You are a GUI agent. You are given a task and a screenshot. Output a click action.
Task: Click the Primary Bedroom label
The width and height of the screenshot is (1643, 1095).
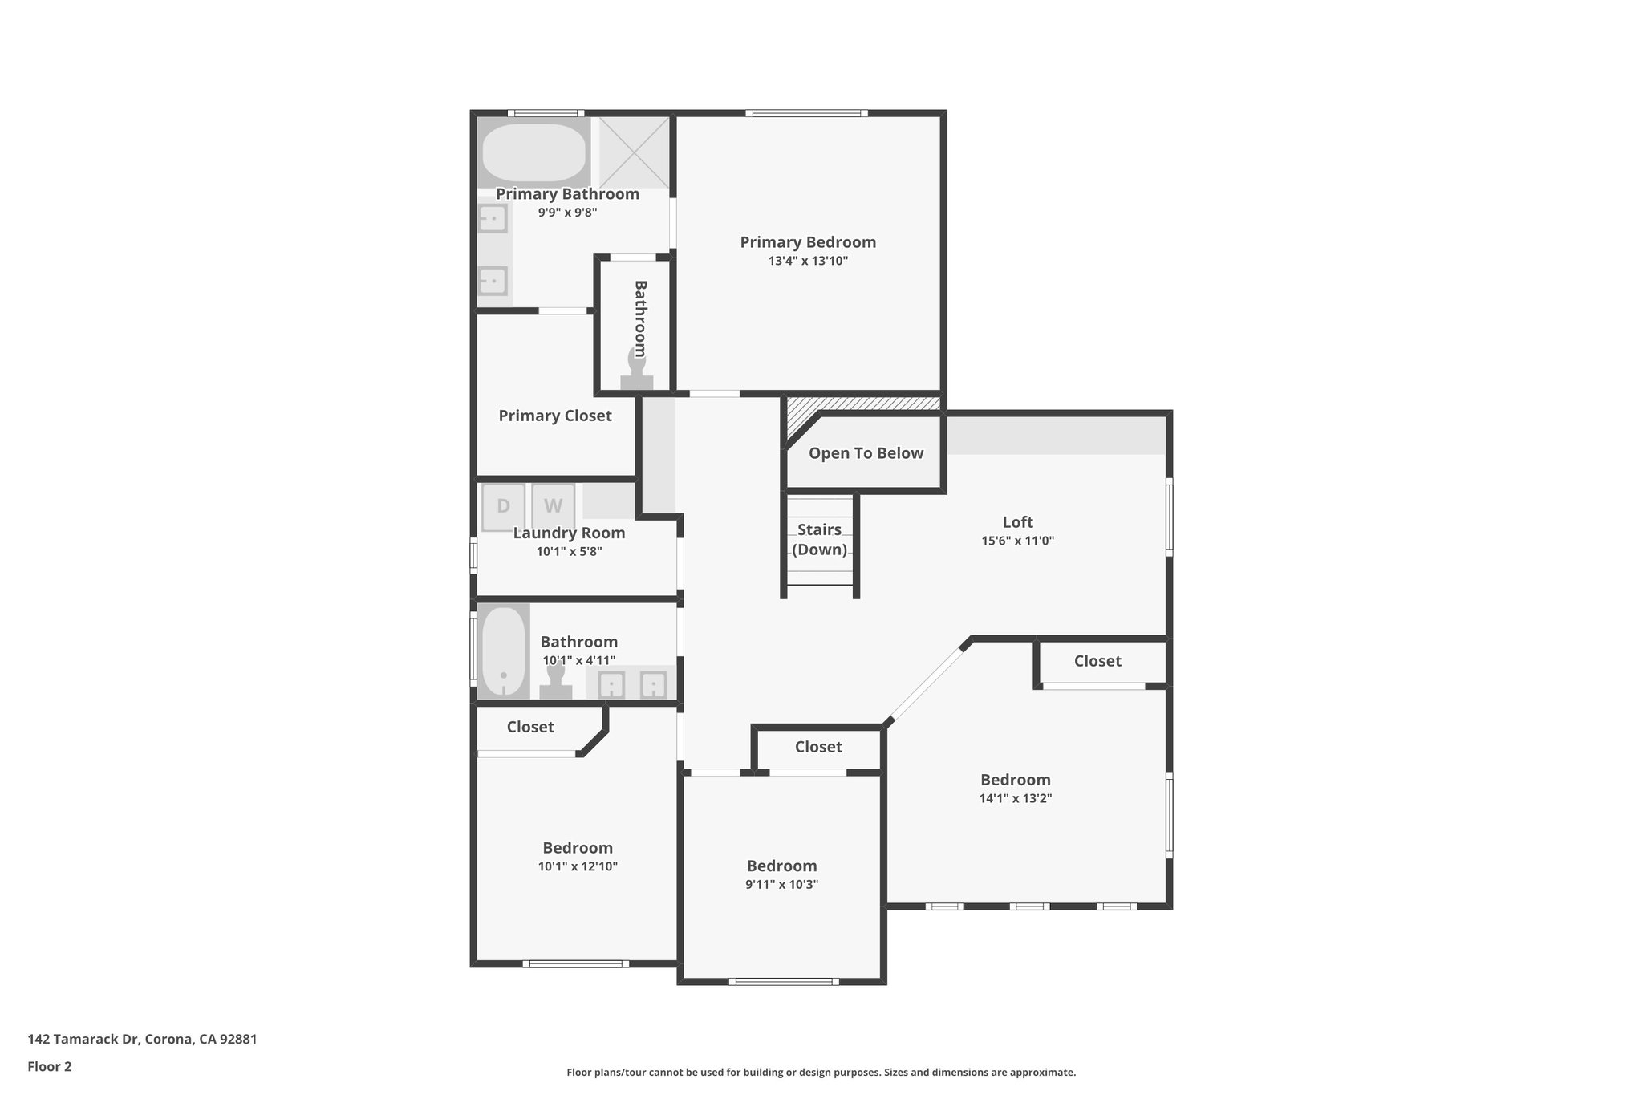(807, 242)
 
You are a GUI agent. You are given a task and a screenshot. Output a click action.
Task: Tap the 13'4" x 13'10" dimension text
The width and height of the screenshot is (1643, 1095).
(807, 262)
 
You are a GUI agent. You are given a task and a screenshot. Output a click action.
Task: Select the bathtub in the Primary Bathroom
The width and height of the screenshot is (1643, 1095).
(533, 152)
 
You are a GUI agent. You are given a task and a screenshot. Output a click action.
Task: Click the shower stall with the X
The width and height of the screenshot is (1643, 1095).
(634, 152)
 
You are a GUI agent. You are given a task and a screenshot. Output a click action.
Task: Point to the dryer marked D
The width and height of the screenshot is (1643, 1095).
(503, 506)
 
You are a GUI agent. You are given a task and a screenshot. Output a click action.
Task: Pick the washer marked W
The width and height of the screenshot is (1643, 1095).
(553, 506)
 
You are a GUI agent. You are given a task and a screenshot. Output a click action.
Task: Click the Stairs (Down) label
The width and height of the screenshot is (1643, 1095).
(819, 539)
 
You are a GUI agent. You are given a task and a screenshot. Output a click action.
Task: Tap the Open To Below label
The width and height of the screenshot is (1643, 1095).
(866, 453)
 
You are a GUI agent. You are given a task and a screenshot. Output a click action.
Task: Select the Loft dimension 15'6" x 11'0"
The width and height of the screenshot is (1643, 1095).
(1017, 541)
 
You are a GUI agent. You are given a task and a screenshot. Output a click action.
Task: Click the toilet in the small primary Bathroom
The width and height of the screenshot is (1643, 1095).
(636, 373)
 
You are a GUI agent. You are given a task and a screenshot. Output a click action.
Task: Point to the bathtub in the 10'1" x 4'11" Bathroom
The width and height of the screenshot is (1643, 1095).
(503, 651)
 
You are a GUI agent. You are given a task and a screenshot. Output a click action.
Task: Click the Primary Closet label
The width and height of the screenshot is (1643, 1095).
(554, 416)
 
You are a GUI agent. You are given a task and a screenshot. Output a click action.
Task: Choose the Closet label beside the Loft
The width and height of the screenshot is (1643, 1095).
(1097, 661)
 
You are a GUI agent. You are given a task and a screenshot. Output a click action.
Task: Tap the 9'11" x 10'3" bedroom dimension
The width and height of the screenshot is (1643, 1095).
(781, 885)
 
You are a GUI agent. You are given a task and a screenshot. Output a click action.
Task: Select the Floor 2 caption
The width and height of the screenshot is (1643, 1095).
(50, 1066)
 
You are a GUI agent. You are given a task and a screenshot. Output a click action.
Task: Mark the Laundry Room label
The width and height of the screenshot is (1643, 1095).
(569, 533)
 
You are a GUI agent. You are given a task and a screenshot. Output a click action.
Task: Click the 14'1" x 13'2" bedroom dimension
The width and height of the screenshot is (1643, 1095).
(1015, 799)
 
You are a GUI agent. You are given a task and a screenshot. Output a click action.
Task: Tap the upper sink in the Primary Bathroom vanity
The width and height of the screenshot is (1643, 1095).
(493, 218)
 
